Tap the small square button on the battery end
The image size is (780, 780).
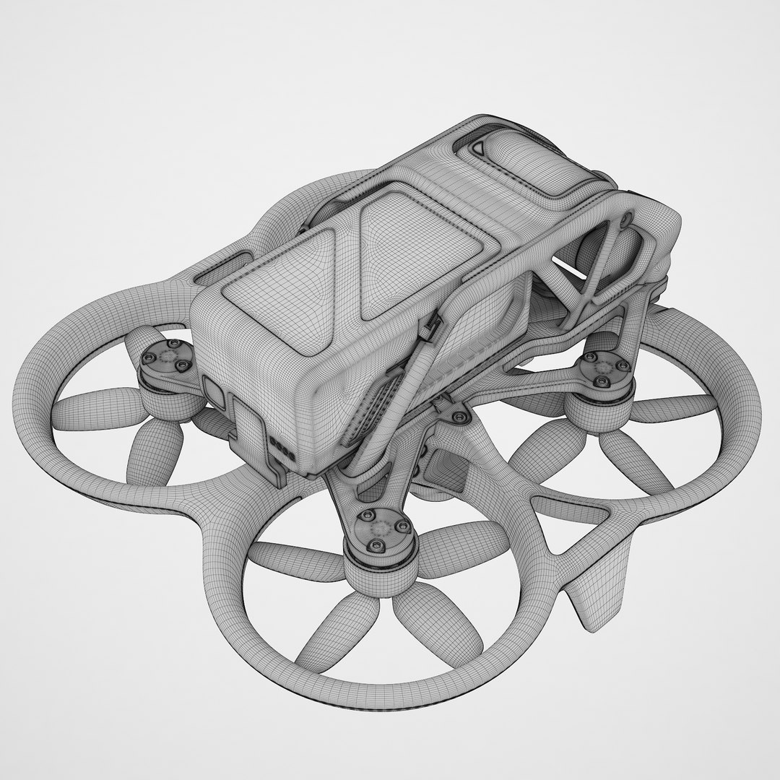coord(214,391)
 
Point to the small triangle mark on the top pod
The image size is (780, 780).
coord(478,148)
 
